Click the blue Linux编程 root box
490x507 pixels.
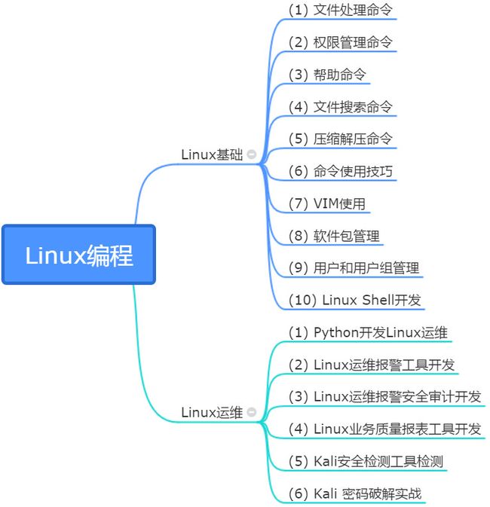coord(78,255)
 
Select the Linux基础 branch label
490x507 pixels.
coord(212,154)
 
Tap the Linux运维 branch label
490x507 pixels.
coord(212,413)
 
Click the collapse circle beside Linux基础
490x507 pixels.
coord(251,154)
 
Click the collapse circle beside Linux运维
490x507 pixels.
coord(251,413)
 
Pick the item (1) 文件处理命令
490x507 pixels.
coord(341,10)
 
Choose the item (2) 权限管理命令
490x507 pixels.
coord(341,42)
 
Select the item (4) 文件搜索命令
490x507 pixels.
coord(341,107)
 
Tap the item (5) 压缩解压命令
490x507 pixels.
coord(341,139)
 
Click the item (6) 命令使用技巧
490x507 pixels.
coord(341,172)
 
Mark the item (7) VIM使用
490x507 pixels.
coord(328,204)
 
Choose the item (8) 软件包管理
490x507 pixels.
coord(334,237)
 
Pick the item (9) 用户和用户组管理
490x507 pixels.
coord(354,268)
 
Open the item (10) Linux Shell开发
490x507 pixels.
coord(354,300)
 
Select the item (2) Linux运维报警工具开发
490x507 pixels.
coord(372,365)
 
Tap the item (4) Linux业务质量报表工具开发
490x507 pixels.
coord(384,429)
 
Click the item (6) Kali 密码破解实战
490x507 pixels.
coord(355,494)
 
